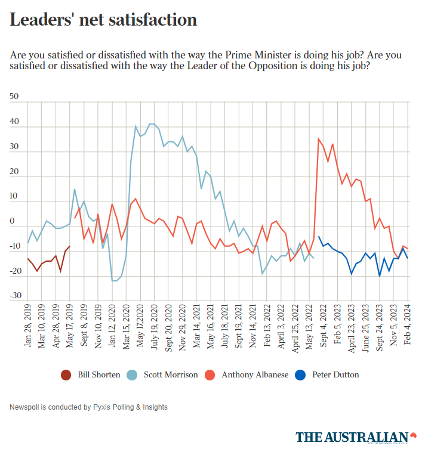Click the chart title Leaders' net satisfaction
point(103,20)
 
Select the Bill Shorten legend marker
point(66,375)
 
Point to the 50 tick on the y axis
point(15,96)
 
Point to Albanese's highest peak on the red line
point(319,139)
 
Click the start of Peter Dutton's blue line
point(319,237)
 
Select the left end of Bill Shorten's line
point(28,259)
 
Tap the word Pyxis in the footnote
point(102,407)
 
